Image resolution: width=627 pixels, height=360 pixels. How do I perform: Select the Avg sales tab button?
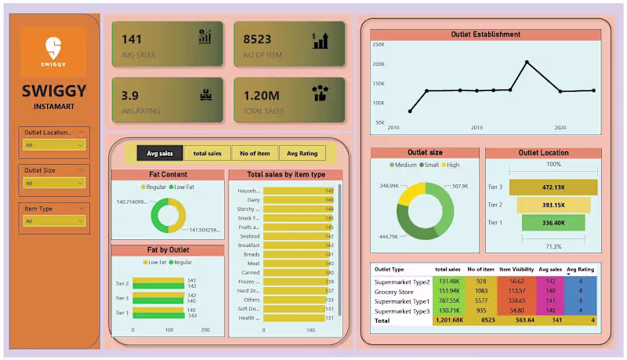point(160,154)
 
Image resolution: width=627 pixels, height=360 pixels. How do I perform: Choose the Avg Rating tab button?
point(303,154)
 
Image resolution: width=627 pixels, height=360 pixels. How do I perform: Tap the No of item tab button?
point(255,154)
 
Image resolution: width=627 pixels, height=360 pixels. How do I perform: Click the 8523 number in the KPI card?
point(257,38)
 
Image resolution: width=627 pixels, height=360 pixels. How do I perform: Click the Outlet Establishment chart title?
point(486,35)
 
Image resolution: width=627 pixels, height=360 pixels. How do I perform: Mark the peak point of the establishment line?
point(527,62)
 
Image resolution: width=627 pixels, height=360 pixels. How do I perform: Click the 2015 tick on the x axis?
point(477,127)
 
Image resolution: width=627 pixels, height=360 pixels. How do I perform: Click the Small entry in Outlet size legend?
point(431,165)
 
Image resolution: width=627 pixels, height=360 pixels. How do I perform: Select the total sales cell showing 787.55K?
point(448,300)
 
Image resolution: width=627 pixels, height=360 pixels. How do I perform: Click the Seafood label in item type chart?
point(249,236)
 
